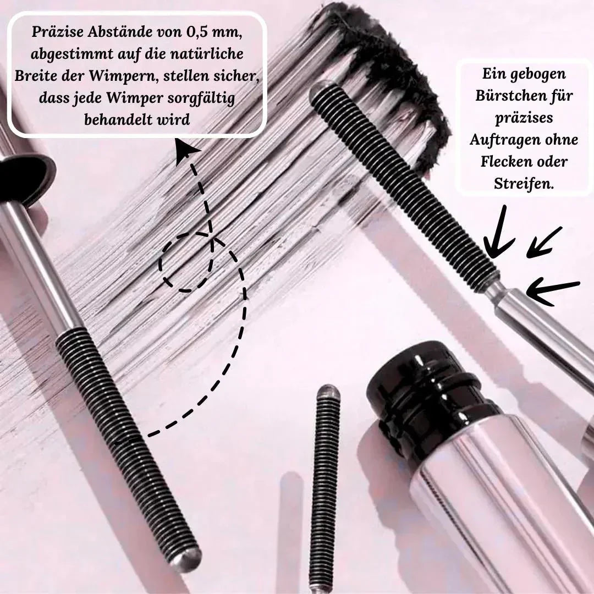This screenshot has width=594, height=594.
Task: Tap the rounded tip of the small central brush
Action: (328, 391)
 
